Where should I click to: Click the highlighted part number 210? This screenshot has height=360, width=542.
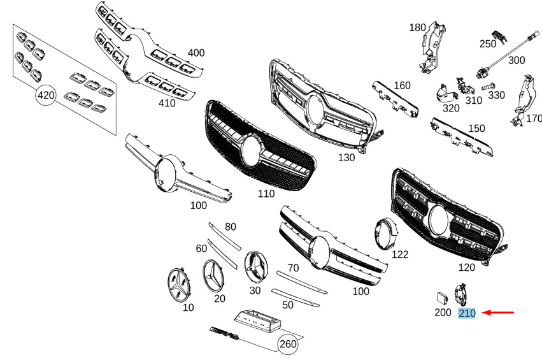pyautogui.click(x=467, y=313)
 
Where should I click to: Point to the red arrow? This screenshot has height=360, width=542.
pyautogui.click(x=498, y=313)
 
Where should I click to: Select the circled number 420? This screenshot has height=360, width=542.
pyautogui.click(x=46, y=95)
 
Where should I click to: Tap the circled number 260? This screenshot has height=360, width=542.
pyautogui.click(x=288, y=344)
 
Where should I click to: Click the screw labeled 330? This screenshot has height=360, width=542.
pyautogui.click(x=489, y=85)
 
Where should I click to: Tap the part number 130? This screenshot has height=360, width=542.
pyautogui.click(x=346, y=157)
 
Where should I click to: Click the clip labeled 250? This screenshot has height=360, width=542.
pyautogui.click(x=499, y=36)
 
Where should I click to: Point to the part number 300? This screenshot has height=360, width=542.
pyautogui.click(x=517, y=60)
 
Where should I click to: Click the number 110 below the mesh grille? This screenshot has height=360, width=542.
pyautogui.click(x=266, y=194)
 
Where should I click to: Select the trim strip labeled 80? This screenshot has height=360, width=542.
pyautogui.click(x=225, y=236)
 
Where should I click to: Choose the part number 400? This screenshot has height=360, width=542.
pyautogui.click(x=196, y=53)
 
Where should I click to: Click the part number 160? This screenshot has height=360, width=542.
pyautogui.click(x=402, y=85)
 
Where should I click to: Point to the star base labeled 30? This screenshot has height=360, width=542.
pyautogui.click(x=256, y=267)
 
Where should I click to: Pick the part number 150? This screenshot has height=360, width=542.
pyautogui.click(x=476, y=128)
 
